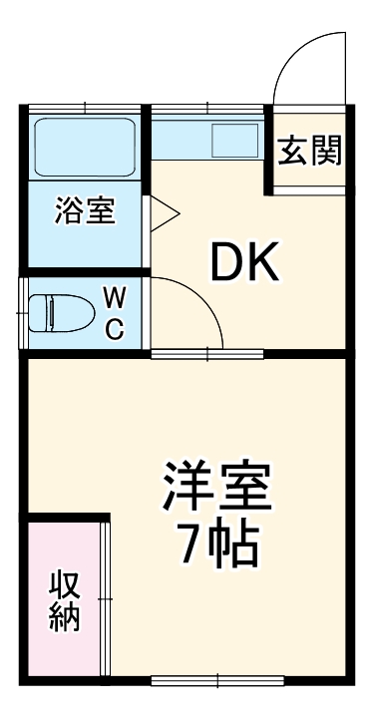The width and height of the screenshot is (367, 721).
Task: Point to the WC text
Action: [x=115, y=312]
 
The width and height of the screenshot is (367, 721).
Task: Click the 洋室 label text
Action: [x=217, y=488]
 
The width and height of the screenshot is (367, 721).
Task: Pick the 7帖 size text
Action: [x=217, y=542]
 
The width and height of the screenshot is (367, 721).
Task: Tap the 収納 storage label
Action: [x=65, y=600]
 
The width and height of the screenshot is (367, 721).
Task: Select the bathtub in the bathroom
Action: [x=85, y=148]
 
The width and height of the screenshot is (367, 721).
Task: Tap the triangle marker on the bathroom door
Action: [x=163, y=211]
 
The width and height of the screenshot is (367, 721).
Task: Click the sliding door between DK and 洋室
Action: [x=207, y=352]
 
